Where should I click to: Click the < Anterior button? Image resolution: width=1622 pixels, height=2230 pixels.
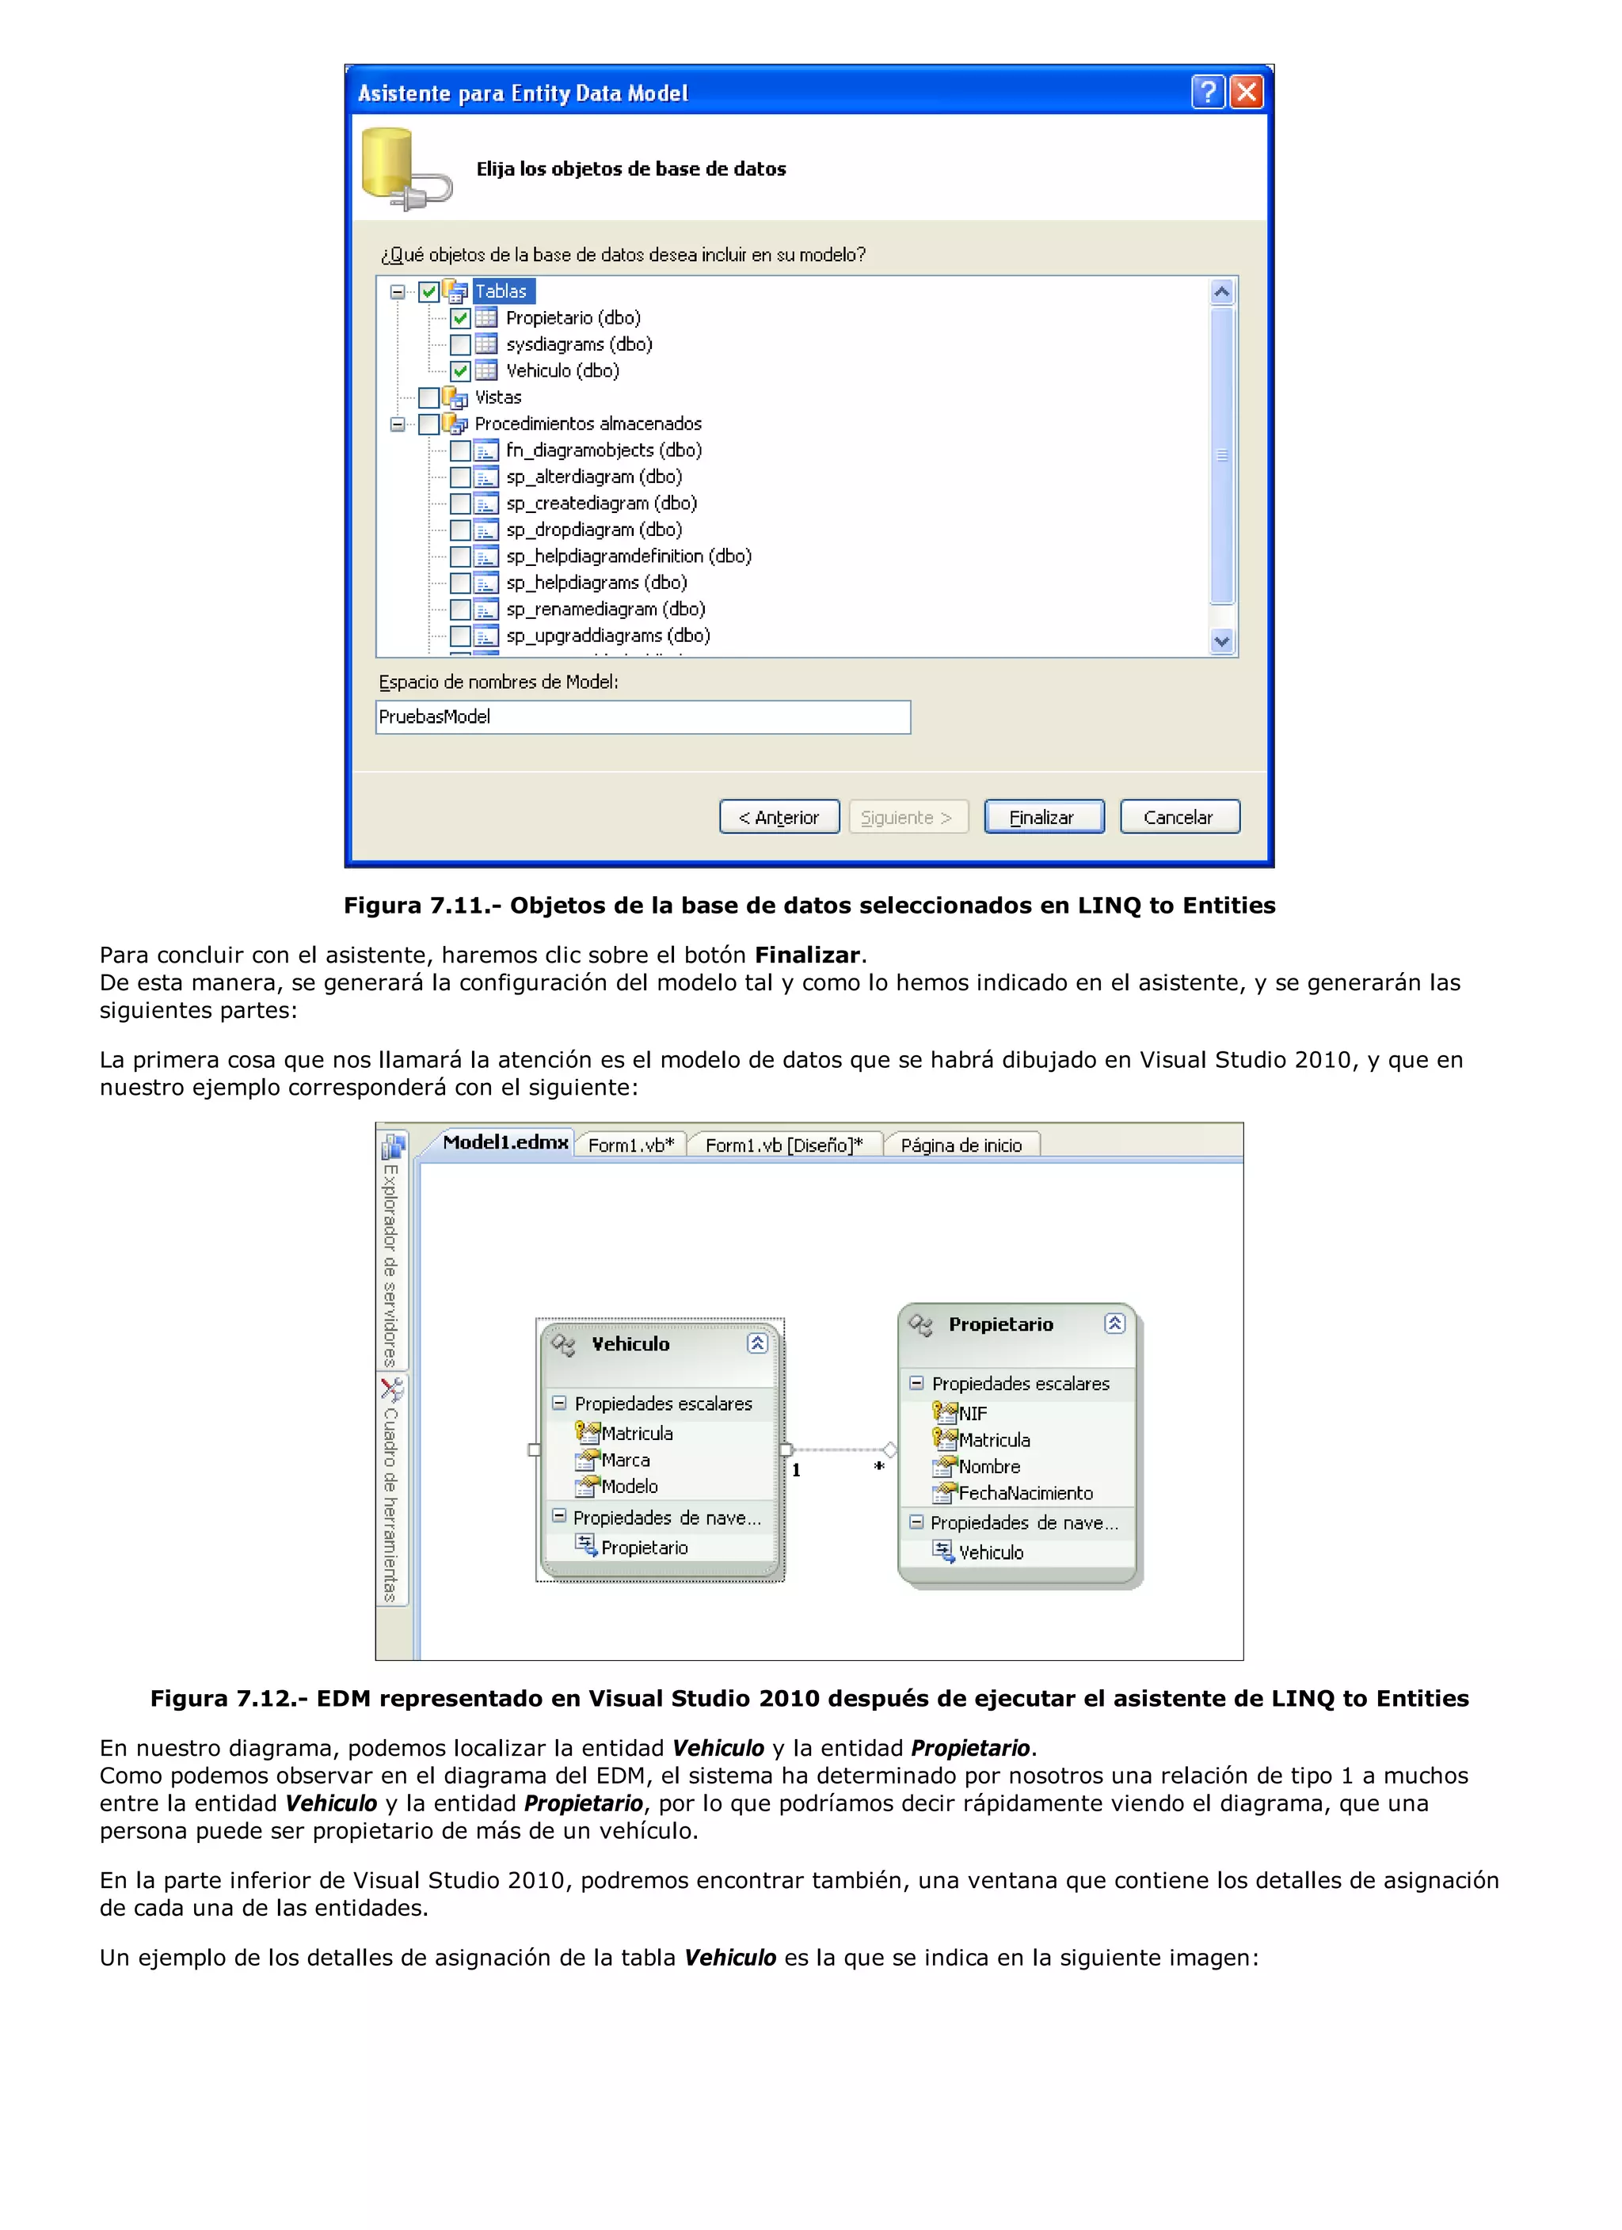pos(779,817)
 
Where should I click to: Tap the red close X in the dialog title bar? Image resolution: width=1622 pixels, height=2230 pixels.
pos(1247,93)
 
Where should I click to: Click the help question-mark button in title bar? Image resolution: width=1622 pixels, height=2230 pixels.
pos(1208,93)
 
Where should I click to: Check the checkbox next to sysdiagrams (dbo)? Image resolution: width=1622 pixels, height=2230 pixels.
pos(460,344)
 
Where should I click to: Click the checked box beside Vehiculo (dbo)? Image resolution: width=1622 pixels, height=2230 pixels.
pos(460,370)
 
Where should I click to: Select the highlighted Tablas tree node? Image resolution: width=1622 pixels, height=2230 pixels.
pos(501,291)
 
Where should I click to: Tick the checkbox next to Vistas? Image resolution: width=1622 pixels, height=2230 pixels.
pos(428,397)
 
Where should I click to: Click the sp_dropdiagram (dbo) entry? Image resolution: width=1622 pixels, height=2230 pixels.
pos(593,530)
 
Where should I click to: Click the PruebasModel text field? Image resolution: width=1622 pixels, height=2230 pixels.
pos(642,716)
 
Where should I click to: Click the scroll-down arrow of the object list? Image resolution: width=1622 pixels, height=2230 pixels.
pos(1222,642)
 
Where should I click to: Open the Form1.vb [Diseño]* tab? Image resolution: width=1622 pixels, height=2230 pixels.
pos(783,1145)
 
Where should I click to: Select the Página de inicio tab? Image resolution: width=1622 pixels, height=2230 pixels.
pos(960,1145)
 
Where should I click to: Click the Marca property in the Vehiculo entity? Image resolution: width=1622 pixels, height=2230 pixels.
pos(626,1460)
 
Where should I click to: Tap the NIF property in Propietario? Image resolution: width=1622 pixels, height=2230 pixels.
pos(972,1413)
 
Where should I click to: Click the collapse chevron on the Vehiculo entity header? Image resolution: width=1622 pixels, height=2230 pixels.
pos(756,1343)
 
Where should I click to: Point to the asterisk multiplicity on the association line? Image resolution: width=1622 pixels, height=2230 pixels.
pos(879,1466)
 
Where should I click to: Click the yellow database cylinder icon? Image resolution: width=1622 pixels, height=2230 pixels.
pos(387,163)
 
